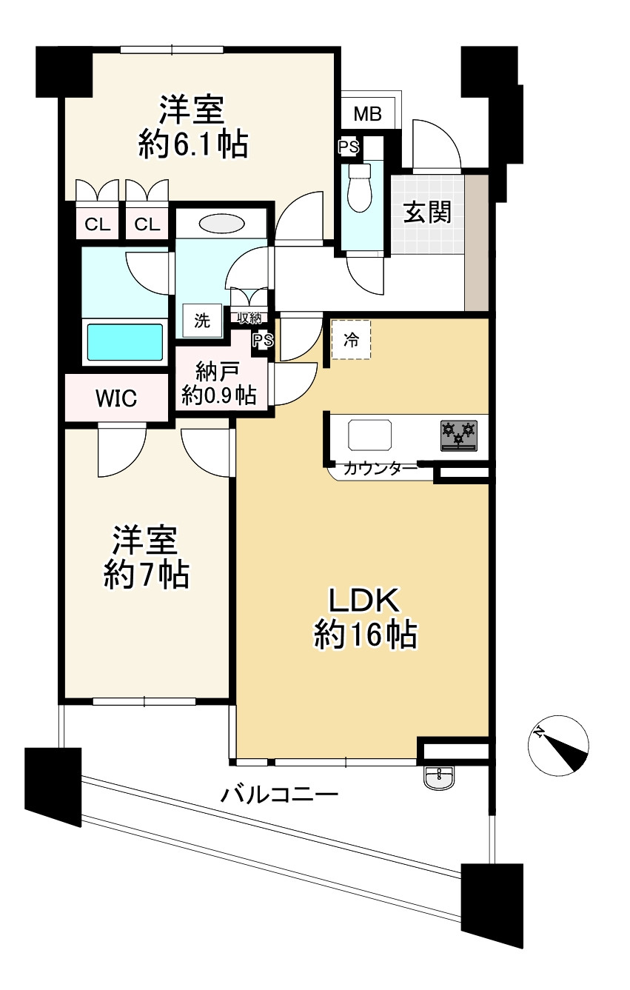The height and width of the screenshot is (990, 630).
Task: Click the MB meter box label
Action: click(x=367, y=114)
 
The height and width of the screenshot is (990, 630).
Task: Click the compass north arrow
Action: click(x=560, y=746)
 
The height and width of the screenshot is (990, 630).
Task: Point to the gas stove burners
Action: click(x=459, y=435)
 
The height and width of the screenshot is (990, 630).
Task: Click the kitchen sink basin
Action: click(x=370, y=434)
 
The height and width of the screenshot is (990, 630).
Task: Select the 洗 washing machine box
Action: click(x=202, y=321)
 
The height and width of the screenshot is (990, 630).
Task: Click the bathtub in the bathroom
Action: click(x=125, y=341)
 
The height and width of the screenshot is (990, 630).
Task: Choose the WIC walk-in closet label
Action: click(x=115, y=399)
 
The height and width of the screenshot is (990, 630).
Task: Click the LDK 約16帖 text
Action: click(x=365, y=618)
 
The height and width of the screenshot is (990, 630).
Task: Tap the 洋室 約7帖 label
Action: click(x=145, y=558)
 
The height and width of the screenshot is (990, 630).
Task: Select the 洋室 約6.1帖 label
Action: click(x=192, y=127)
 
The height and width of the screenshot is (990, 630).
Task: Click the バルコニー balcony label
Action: click(x=280, y=796)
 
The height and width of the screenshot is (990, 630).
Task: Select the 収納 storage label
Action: click(x=249, y=318)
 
